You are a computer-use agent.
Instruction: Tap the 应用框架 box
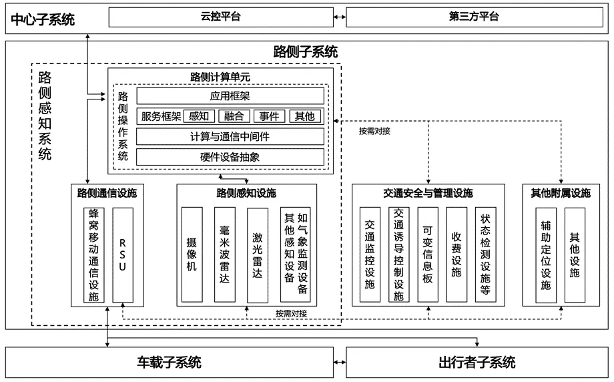(230, 96)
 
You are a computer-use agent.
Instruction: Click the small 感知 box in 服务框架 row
(198, 116)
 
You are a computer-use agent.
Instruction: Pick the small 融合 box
(234, 116)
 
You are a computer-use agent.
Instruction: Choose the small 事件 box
(270, 116)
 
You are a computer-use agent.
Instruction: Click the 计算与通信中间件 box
(230, 136)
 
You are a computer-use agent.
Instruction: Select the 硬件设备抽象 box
(230, 157)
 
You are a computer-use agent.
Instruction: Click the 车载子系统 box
(170, 363)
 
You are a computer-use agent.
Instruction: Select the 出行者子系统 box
(477, 363)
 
